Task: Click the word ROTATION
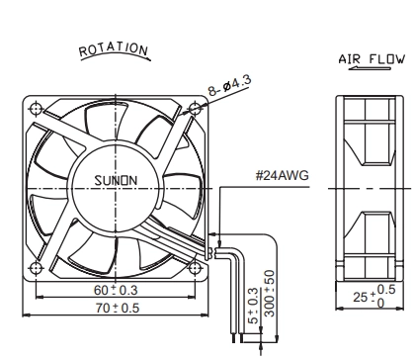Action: tap(114, 49)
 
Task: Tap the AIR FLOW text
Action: tap(372, 59)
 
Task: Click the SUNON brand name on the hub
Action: tap(116, 180)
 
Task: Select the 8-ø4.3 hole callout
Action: tap(229, 85)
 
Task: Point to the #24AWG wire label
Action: tap(283, 175)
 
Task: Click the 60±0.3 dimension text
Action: tap(116, 290)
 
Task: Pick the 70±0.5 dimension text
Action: tap(118, 308)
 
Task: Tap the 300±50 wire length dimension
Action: tap(270, 294)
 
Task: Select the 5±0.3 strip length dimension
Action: tap(253, 306)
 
